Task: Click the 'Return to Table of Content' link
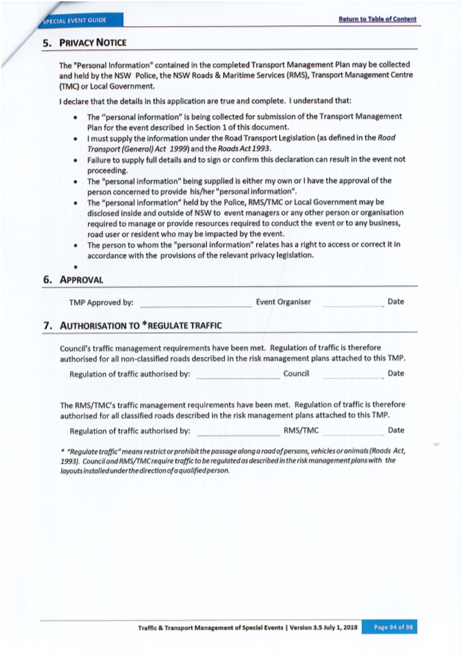(377, 18)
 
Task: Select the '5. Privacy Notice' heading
(86, 42)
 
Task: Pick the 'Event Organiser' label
(283, 301)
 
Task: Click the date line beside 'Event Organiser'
(352, 304)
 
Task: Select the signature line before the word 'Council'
(238, 376)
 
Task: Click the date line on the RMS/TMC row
(352, 433)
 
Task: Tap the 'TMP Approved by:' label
(101, 302)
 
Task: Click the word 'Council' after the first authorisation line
(296, 374)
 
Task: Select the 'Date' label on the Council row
(396, 374)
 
